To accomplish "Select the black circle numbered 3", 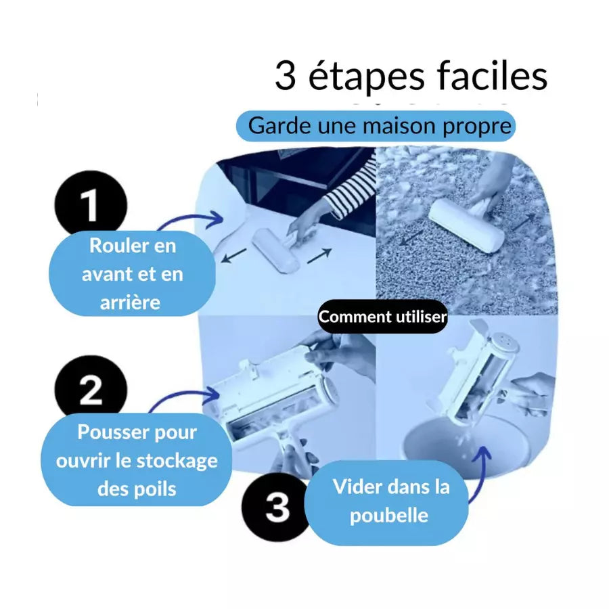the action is point(277,507).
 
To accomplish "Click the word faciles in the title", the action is point(492,76).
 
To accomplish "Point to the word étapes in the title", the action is point(366,78).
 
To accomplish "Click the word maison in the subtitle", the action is point(399,126).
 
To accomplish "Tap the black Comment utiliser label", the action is point(382,317).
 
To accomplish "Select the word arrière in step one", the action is point(130,302).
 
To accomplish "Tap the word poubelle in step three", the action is point(389,516).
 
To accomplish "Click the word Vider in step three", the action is point(356,487).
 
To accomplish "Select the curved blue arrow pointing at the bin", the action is point(482,474).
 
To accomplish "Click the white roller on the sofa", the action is point(276,251).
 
